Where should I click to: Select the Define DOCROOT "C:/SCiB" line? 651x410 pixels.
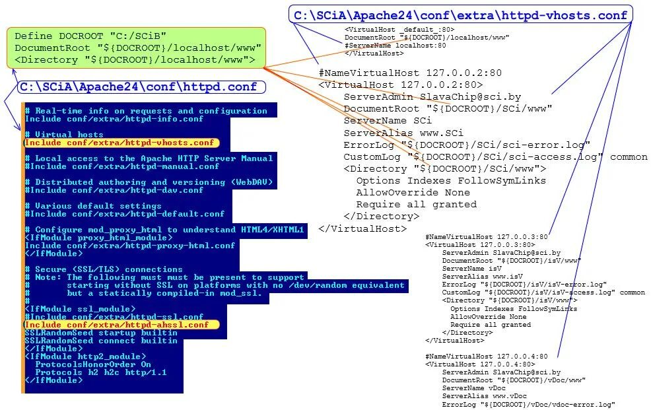point(90,36)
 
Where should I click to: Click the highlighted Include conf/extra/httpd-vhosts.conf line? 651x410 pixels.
point(118,143)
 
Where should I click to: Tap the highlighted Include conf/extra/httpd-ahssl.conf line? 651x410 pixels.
point(117,325)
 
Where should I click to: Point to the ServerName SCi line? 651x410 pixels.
point(387,120)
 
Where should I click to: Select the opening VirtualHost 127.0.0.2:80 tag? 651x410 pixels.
point(400,85)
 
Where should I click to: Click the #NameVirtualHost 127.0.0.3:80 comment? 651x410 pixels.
point(487,236)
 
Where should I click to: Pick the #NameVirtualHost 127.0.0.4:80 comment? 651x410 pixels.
point(487,357)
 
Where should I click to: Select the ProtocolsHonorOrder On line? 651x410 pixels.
point(92,364)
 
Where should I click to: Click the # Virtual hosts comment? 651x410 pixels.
point(64,135)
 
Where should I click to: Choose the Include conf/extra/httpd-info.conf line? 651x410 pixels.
point(114,119)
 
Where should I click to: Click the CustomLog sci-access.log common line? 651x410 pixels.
point(495,156)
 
